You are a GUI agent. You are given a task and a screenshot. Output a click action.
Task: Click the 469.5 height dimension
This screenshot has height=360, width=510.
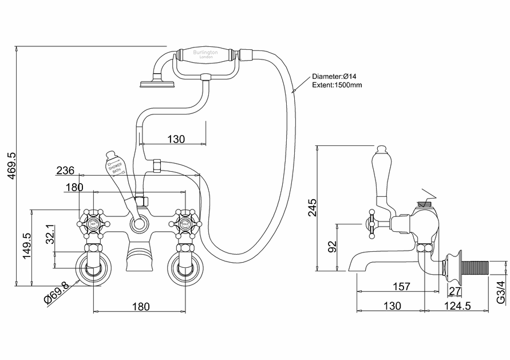click(9, 165)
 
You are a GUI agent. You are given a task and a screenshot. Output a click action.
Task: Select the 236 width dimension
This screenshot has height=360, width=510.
click(65, 170)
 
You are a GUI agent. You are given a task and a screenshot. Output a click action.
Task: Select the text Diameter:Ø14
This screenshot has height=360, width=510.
click(335, 76)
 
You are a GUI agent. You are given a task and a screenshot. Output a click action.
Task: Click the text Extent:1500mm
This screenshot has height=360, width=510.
click(337, 85)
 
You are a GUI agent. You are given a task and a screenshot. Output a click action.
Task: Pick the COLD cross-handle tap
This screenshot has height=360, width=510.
click(187, 221)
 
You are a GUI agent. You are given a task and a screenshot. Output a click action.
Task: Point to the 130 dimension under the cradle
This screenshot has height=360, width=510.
click(176, 139)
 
